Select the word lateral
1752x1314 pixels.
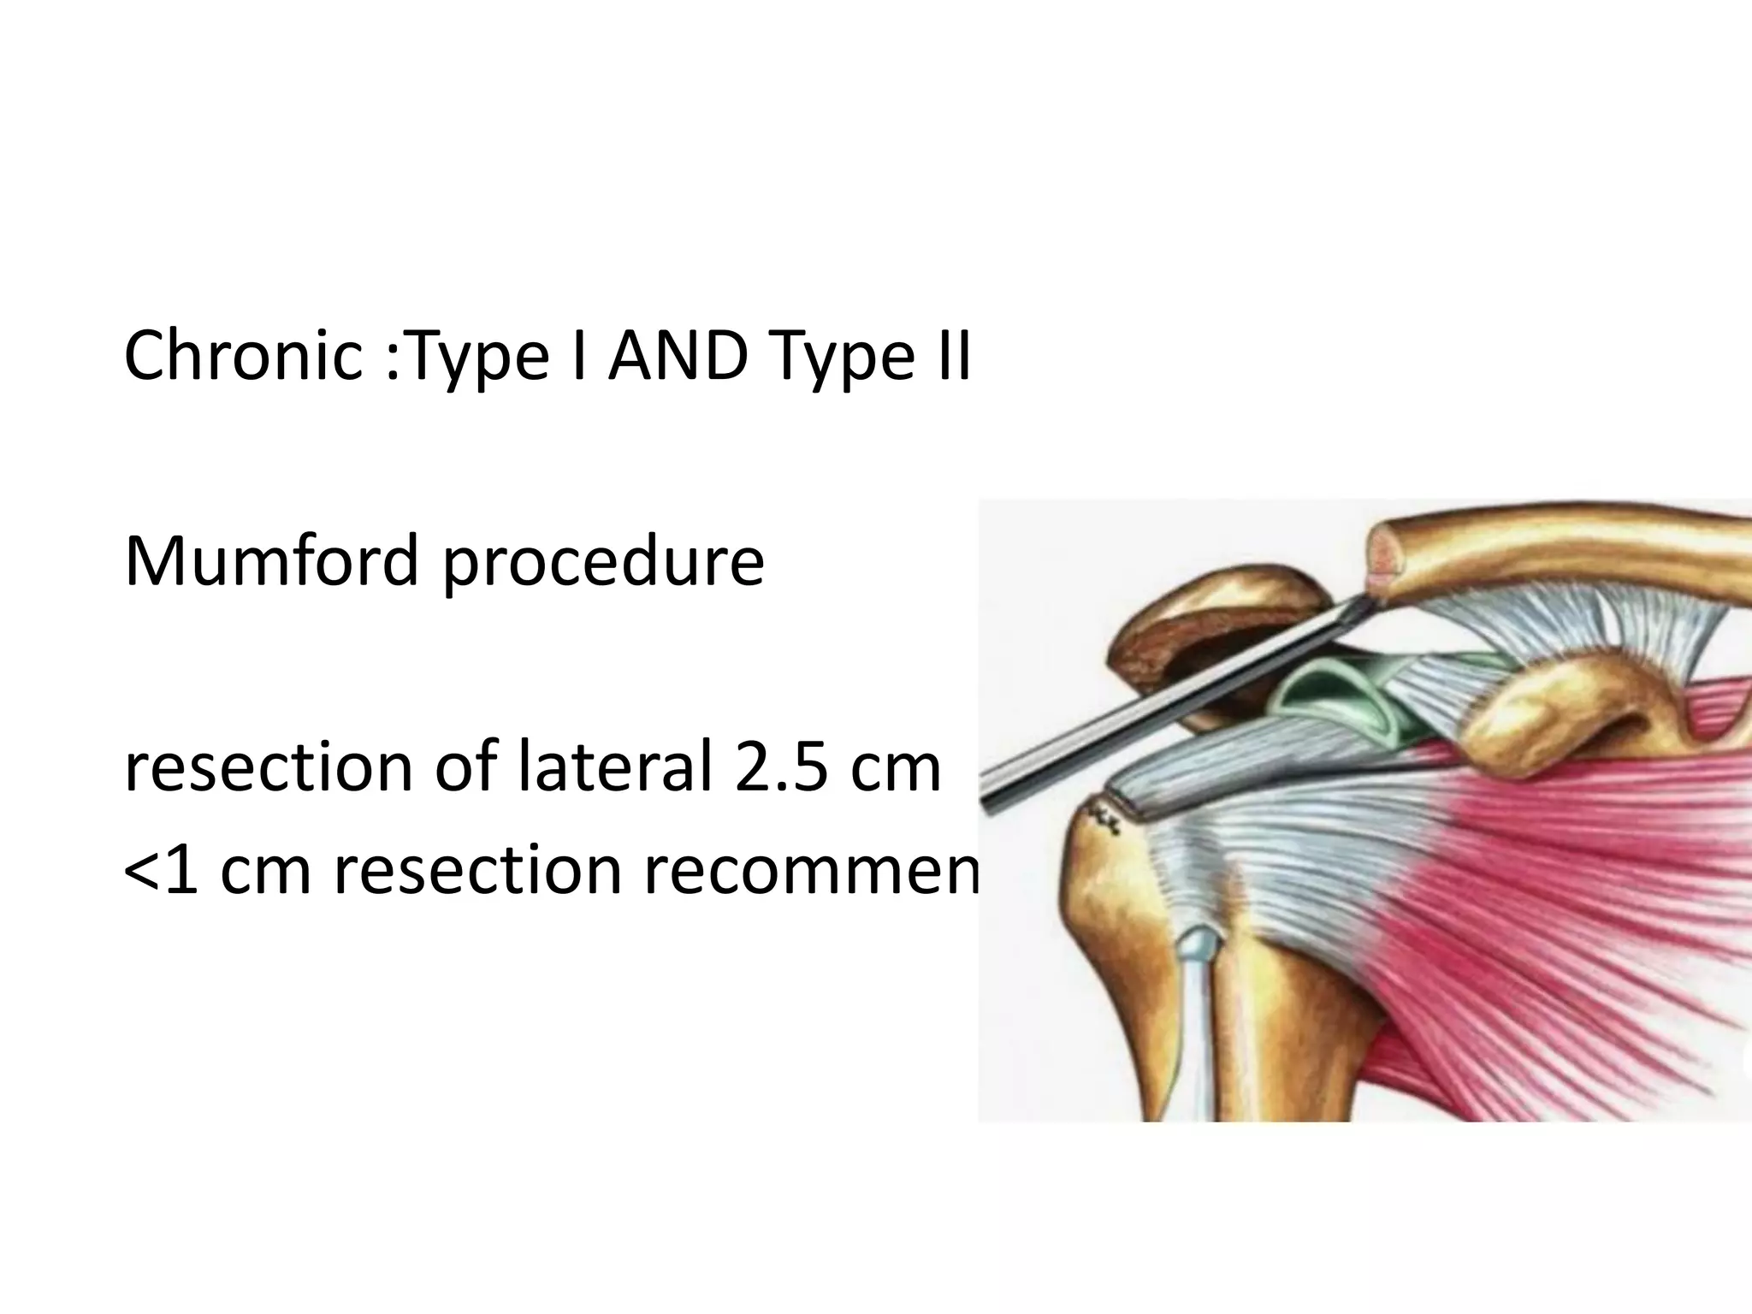[615, 766]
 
